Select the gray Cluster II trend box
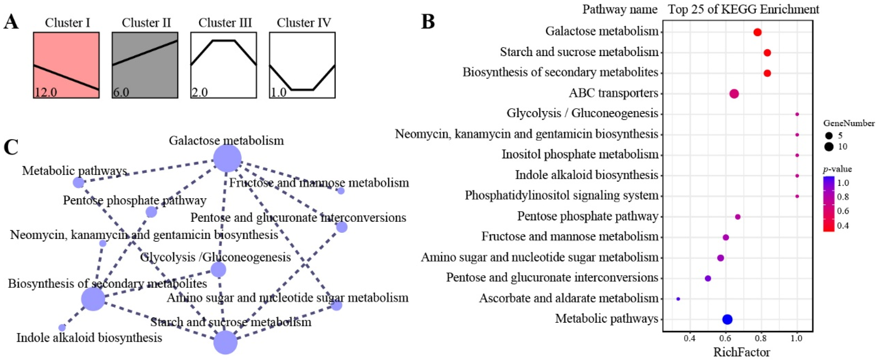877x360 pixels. [145, 65]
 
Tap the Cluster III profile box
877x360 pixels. [224, 65]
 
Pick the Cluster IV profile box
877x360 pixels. [302, 65]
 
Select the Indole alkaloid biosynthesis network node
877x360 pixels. [62, 328]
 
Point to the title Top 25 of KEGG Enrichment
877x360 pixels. [743, 9]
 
